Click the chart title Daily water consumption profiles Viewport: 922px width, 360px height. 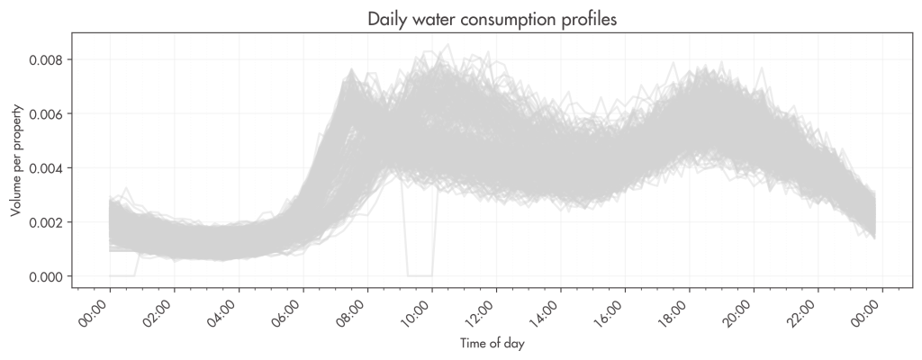[492, 20]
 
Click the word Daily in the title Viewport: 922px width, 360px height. [386, 20]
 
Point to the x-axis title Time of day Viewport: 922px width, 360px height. [492, 344]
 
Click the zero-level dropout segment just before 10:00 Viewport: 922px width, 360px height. [420, 275]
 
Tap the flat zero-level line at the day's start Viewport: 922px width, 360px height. [122, 275]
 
